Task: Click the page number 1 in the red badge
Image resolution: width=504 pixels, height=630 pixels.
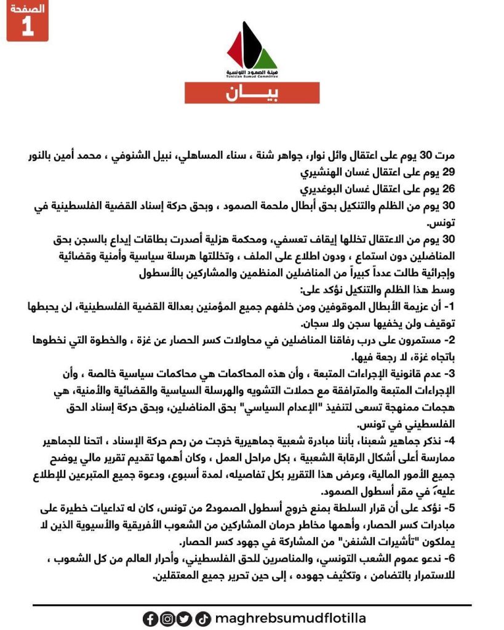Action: coord(27,28)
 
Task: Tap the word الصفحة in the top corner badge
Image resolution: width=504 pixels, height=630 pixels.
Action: coord(28,9)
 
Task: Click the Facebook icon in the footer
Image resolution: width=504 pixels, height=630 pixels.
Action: coord(150,618)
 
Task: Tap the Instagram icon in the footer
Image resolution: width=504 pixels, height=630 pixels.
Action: coord(167,618)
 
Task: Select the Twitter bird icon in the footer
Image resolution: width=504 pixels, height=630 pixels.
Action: coord(183,618)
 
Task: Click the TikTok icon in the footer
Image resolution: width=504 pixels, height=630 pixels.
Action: coord(204,618)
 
